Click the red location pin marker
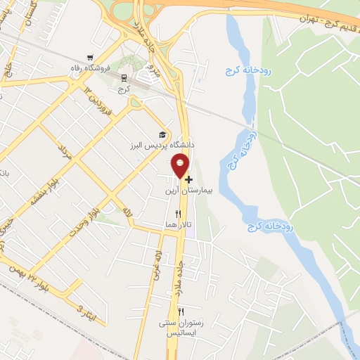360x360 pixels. [x=180, y=165]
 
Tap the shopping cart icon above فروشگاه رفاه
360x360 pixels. [x=89, y=58]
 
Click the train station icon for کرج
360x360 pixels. [x=124, y=78]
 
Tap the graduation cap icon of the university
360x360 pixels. [x=163, y=134]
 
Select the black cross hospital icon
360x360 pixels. [x=188, y=179]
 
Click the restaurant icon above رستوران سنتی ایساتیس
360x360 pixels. [x=181, y=311]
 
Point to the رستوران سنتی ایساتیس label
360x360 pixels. [x=181, y=327]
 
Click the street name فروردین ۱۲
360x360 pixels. [x=98, y=102]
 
